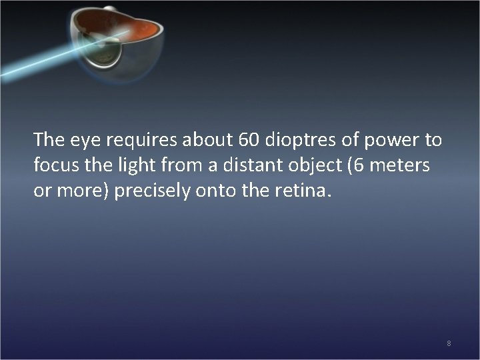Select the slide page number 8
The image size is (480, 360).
tap(449, 343)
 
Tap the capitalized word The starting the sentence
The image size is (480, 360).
tap(46, 140)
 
